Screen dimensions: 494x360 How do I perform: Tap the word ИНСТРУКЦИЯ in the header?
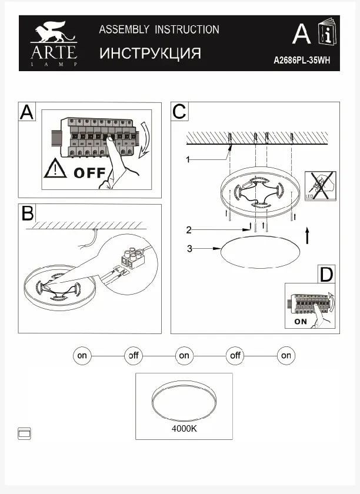[x=150, y=54]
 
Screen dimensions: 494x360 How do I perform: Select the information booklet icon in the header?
[x=326, y=34]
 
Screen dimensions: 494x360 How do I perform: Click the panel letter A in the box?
[x=28, y=112]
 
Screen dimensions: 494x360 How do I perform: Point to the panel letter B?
[x=28, y=213]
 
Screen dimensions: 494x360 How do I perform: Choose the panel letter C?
[x=179, y=112]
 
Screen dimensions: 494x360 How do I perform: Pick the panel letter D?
[x=326, y=274]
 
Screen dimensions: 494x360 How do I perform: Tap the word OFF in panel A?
[x=89, y=173]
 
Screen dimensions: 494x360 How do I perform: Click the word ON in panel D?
[x=301, y=322]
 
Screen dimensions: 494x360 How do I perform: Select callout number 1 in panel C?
[x=188, y=159]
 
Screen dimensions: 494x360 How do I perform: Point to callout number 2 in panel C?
[x=189, y=229]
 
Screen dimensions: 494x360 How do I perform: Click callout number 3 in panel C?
[x=189, y=249]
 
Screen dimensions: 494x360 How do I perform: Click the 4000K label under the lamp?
[x=184, y=429]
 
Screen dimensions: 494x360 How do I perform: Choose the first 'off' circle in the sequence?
[x=134, y=355]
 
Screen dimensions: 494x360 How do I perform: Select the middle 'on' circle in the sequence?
[x=184, y=355]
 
